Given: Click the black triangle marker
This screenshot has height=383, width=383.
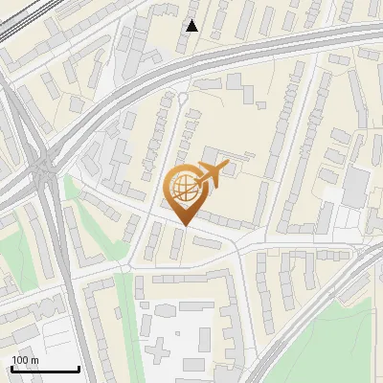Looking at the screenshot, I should [x=192, y=26].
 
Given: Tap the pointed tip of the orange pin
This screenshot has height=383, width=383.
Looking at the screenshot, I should [x=182, y=226].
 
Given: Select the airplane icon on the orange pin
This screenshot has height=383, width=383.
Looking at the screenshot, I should [x=213, y=173].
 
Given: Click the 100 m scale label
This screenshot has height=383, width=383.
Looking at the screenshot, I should [x=26, y=360].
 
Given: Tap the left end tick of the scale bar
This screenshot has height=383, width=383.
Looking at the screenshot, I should [x=11, y=367].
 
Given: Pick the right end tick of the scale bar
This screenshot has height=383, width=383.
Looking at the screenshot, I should [x=79, y=367].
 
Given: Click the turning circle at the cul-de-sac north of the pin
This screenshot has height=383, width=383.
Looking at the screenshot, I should [x=183, y=98].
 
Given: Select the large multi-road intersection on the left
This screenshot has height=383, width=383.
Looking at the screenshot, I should [x=42, y=169].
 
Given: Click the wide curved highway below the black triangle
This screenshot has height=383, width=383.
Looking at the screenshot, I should [x=191, y=59].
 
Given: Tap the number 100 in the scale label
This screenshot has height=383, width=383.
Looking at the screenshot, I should [x=20, y=360].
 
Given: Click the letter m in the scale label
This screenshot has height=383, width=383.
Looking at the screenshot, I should [x=34, y=360].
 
